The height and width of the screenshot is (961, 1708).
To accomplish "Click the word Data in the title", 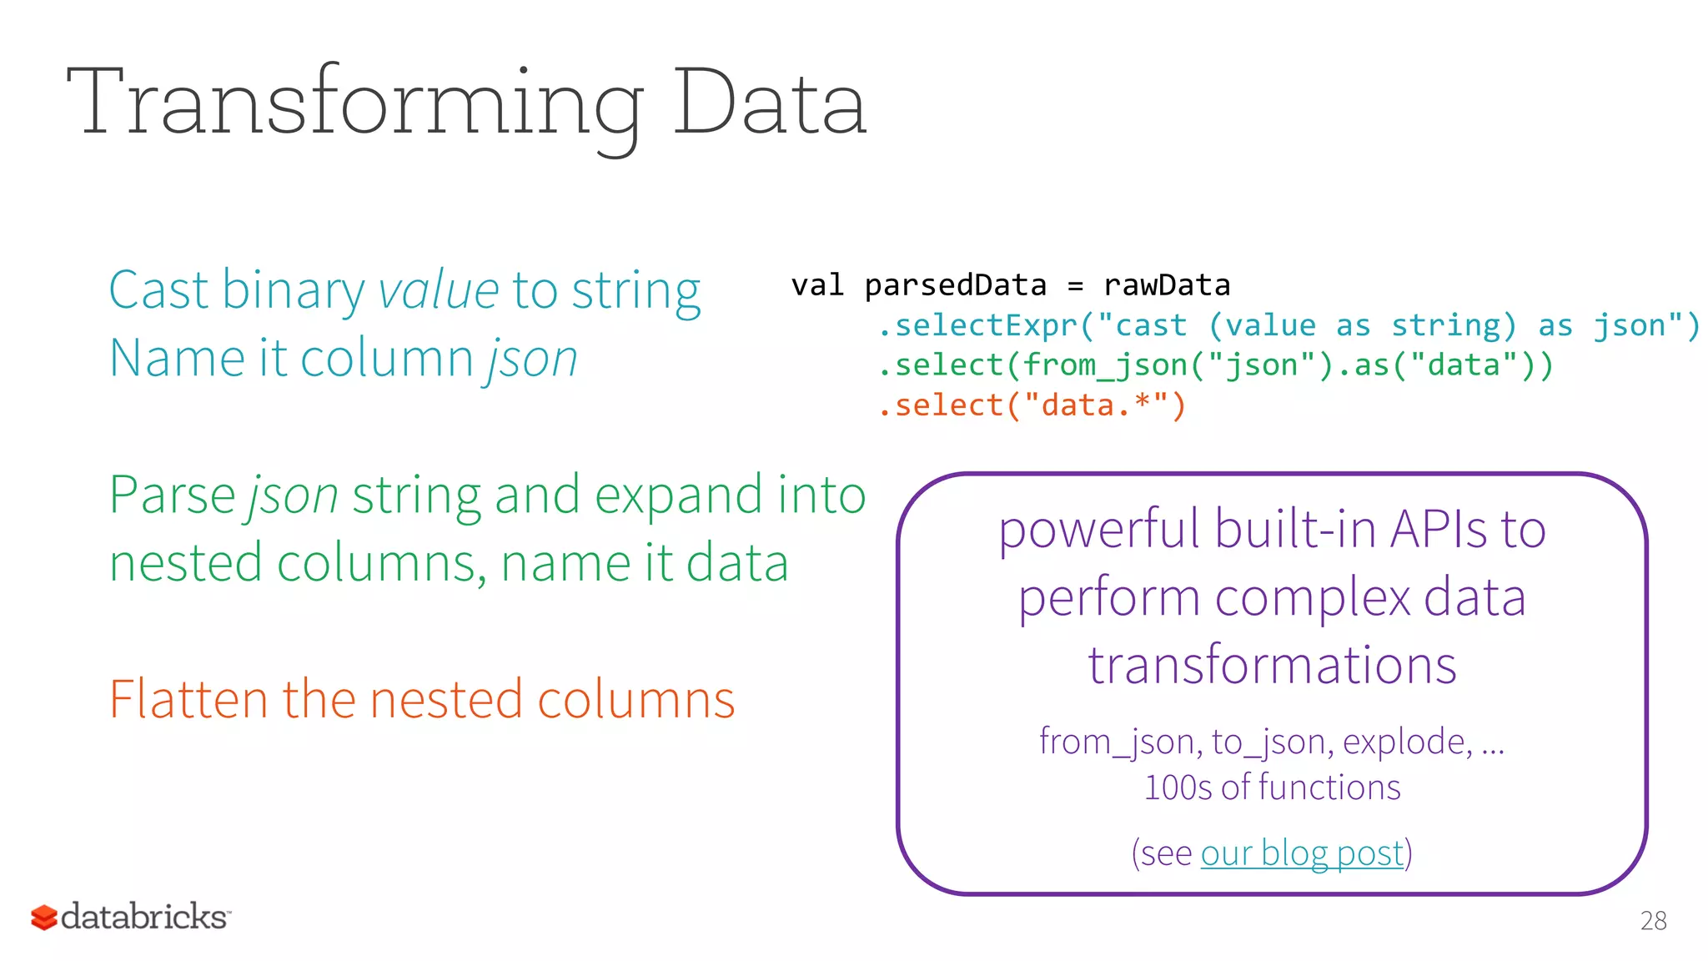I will pos(769,104).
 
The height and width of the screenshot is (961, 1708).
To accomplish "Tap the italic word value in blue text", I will pos(439,290).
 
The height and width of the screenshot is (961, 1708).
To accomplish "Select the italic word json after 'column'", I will pos(532,359).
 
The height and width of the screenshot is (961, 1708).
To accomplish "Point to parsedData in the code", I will pos(955,285).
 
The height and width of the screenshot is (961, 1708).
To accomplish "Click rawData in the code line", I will pos(1166,285).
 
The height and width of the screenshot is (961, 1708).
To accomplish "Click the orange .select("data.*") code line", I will pos(1032,405).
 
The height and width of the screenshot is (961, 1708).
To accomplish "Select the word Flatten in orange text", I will pos(188,699).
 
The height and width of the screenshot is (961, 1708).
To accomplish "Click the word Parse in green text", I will pos(172,495).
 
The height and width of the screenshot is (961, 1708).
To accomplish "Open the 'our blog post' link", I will pos(1302,853).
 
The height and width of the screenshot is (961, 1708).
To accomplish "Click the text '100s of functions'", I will pos(1272,787).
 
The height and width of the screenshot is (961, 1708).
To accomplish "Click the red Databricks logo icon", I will pos(43,918).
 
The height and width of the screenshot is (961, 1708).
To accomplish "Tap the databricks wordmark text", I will pos(143,916).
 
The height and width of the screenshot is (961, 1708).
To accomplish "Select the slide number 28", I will pos(1653,921).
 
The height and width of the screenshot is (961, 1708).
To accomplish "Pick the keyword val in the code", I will pos(817,285).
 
